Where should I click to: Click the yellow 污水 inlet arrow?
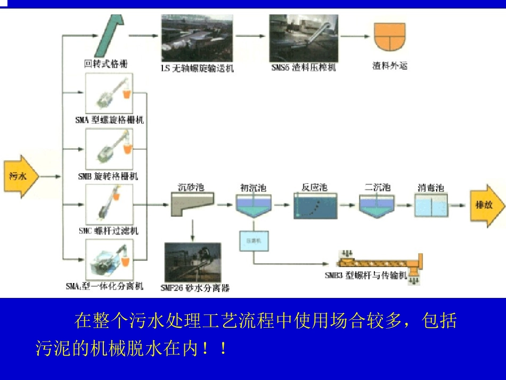coord(21,176)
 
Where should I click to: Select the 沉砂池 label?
coord(191,187)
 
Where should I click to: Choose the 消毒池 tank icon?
coord(431,206)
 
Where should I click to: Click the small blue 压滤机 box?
coord(253,241)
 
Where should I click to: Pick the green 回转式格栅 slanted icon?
coord(111,32)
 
